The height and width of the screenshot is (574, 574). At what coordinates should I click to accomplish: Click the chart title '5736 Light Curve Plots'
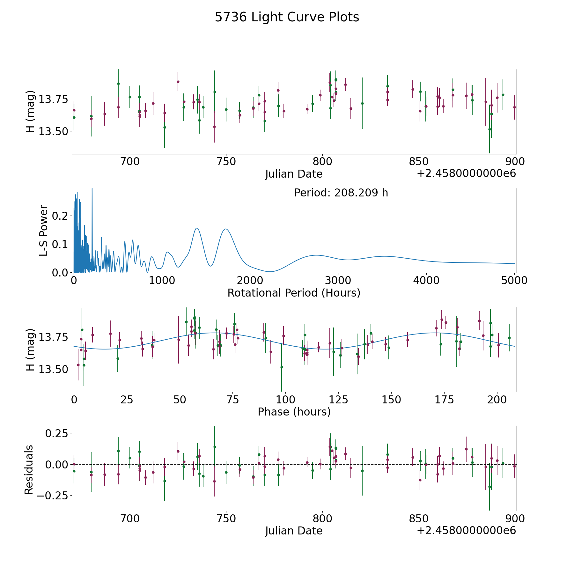[287, 17]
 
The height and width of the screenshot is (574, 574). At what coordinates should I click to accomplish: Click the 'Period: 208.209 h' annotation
[341, 193]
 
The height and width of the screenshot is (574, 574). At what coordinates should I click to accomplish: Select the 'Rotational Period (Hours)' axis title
[294, 293]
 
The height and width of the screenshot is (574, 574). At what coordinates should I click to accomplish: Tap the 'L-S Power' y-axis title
[44, 230]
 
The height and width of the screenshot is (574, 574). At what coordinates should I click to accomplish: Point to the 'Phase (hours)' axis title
[294, 412]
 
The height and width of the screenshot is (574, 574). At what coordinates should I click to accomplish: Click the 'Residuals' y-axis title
[29, 469]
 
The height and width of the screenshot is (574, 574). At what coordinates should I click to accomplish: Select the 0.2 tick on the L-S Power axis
[61, 216]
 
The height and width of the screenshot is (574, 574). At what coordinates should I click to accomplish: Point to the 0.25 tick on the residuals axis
[56, 433]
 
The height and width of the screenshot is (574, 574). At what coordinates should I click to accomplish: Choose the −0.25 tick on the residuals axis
[53, 496]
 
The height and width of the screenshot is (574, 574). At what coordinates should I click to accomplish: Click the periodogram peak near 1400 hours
[197, 228]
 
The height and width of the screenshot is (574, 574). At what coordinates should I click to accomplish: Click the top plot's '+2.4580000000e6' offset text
[466, 173]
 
